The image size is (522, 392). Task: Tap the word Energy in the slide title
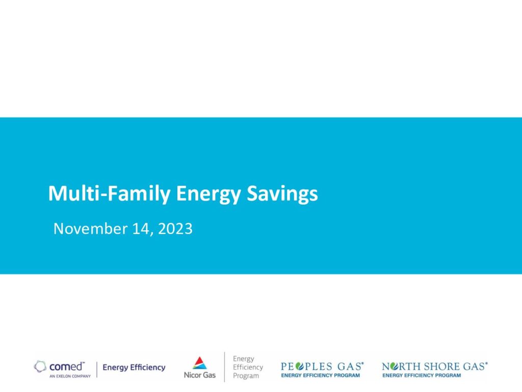click(208, 194)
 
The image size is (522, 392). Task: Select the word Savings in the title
click(282, 194)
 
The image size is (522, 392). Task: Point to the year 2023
click(175, 229)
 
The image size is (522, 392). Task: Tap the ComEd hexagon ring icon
click(40, 366)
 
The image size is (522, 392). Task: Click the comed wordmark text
click(67, 366)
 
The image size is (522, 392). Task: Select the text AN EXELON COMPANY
click(70, 376)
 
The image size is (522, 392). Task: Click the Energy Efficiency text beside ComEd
click(134, 367)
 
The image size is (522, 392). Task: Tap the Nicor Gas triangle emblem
click(200, 363)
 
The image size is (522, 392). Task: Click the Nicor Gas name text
click(200, 375)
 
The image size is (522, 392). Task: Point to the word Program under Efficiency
click(246, 376)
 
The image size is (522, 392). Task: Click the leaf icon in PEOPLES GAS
click(300, 366)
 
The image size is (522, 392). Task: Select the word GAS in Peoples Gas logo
click(350, 366)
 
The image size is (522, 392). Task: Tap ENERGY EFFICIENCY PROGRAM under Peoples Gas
click(320, 375)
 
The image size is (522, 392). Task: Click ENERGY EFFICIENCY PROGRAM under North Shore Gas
click(422, 375)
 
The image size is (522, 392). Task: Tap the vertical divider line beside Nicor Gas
click(224, 366)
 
